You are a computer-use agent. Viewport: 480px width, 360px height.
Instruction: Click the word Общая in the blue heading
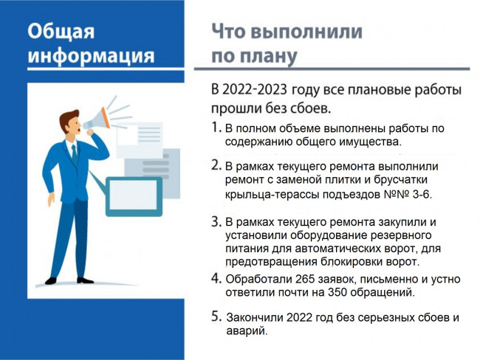[61, 31]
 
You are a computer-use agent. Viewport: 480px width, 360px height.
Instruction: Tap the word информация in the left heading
[92, 55]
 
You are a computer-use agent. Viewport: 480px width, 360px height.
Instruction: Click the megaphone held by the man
[97, 120]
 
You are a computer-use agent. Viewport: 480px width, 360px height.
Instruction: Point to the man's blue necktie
[75, 154]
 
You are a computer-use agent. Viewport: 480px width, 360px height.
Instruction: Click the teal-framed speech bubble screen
[134, 196]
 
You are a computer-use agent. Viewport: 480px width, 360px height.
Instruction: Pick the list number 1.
[216, 127]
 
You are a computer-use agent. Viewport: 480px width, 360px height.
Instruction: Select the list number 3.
[216, 222]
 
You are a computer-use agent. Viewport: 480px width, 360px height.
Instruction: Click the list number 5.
[216, 316]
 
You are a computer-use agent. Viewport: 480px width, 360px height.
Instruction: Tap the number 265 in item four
[305, 279]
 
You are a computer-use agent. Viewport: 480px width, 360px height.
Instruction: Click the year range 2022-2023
[255, 89]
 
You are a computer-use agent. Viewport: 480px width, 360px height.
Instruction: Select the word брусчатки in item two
[400, 180]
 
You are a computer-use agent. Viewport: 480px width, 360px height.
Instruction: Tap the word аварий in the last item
[247, 331]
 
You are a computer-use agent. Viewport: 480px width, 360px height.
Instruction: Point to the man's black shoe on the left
[51, 280]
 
